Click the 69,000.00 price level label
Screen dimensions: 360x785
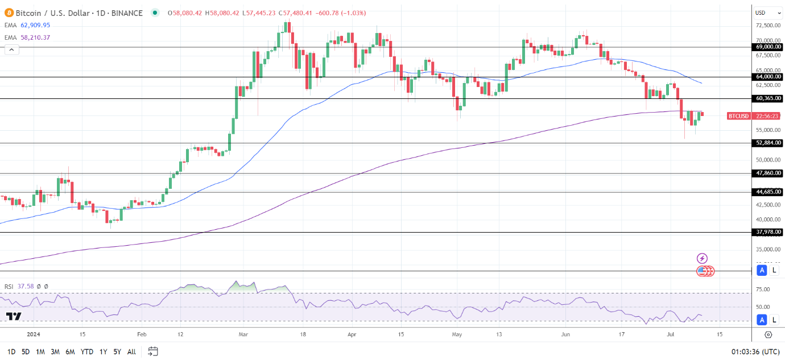769,47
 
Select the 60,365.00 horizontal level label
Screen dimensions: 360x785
769,98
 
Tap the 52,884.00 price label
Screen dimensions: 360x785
769,143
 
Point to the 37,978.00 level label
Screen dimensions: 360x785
769,232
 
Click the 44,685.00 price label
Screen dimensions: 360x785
769,192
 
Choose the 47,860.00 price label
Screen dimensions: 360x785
769,173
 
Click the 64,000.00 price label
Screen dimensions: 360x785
769,77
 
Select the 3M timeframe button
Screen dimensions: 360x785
55,352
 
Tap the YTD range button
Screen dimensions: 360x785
87,352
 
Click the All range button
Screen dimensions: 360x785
131,352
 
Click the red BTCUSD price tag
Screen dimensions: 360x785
738,116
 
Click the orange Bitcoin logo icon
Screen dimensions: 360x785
9,13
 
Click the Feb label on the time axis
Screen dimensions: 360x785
142,334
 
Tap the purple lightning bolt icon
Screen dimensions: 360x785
702,259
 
